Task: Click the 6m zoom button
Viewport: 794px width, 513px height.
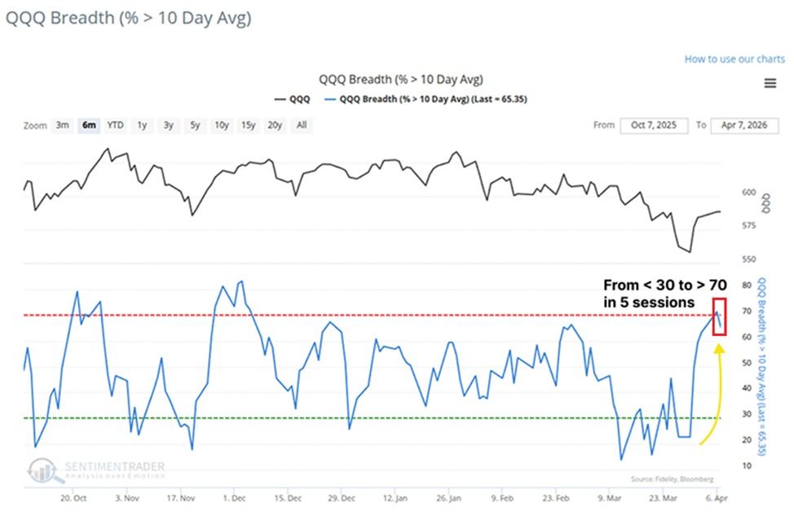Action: (x=89, y=125)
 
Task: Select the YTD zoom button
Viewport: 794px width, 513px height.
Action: (x=116, y=125)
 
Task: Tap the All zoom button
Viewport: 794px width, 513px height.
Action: (x=302, y=125)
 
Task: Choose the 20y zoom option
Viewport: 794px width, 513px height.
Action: (x=275, y=125)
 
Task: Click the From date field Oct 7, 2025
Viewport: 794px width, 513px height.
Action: (x=654, y=125)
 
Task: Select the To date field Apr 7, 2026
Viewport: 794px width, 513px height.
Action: (x=744, y=125)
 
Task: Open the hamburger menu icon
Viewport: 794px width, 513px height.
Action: (x=770, y=83)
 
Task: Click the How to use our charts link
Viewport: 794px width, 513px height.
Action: (x=734, y=59)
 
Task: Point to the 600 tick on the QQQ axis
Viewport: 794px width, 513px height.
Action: (x=748, y=192)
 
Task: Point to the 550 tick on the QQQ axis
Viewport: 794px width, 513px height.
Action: (x=748, y=259)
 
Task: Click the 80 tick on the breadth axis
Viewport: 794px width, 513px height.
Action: (x=747, y=285)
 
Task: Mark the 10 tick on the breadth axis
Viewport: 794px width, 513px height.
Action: (x=747, y=466)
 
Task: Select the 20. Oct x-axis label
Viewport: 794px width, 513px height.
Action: (x=75, y=496)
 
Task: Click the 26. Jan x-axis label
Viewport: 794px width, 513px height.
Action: (x=448, y=496)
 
